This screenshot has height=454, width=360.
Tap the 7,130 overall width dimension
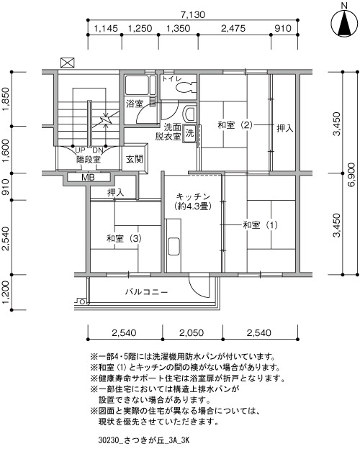[x=193, y=14]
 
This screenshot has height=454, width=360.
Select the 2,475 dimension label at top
[x=233, y=28]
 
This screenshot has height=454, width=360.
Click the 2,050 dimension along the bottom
[x=192, y=332]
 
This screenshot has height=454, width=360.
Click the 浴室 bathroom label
[x=135, y=104]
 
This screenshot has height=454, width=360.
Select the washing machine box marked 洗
[x=189, y=133]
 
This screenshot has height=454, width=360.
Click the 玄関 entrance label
[x=135, y=159]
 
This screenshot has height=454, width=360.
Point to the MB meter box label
[x=88, y=177]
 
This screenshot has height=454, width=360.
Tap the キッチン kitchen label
[x=193, y=196]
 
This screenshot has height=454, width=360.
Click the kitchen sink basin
[x=174, y=246]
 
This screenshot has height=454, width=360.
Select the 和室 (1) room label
[x=260, y=224]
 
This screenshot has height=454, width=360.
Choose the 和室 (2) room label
[x=235, y=125]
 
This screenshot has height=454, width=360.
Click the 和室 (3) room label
[x=124, y=238]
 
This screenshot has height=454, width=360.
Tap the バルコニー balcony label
[x=146, y=291]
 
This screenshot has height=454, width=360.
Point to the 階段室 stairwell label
[x=89, y=160]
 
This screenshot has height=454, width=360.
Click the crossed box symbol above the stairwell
[x=67, y=63]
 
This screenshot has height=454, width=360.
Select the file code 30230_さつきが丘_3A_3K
[x=144, y=440]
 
